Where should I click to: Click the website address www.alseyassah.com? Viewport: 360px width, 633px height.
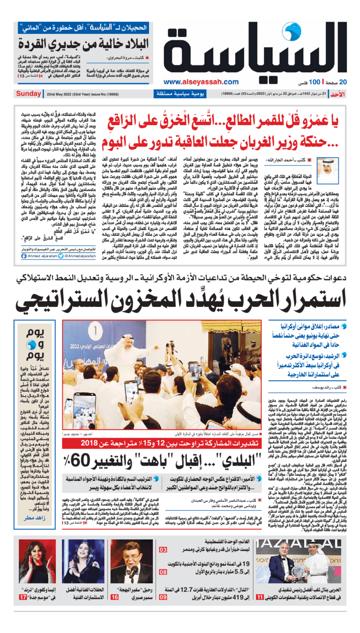(x=201, y=82)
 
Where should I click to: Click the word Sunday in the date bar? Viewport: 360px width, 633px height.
(x=28, y=94)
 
